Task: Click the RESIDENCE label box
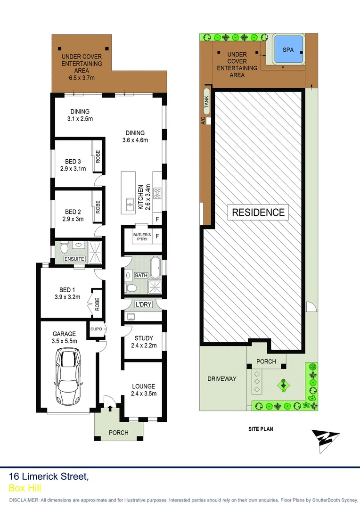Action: [x=258, y=213]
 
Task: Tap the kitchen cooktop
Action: [x=157, y=193]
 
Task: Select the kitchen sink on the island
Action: [x=129, y=204]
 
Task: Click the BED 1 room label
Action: [x=67, y=290]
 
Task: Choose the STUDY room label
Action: [x=144, y=338]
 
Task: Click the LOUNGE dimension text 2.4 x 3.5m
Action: [x=144, y=394]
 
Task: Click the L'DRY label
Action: [x=143, y=304]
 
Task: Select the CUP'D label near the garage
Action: [x=96, y=328]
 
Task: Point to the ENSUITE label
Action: [x=74, y=259]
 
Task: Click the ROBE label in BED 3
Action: [x=98, y=156]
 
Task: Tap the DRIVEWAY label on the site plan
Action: [x=221, y=378]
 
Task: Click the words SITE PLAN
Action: [x=261, y=429]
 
